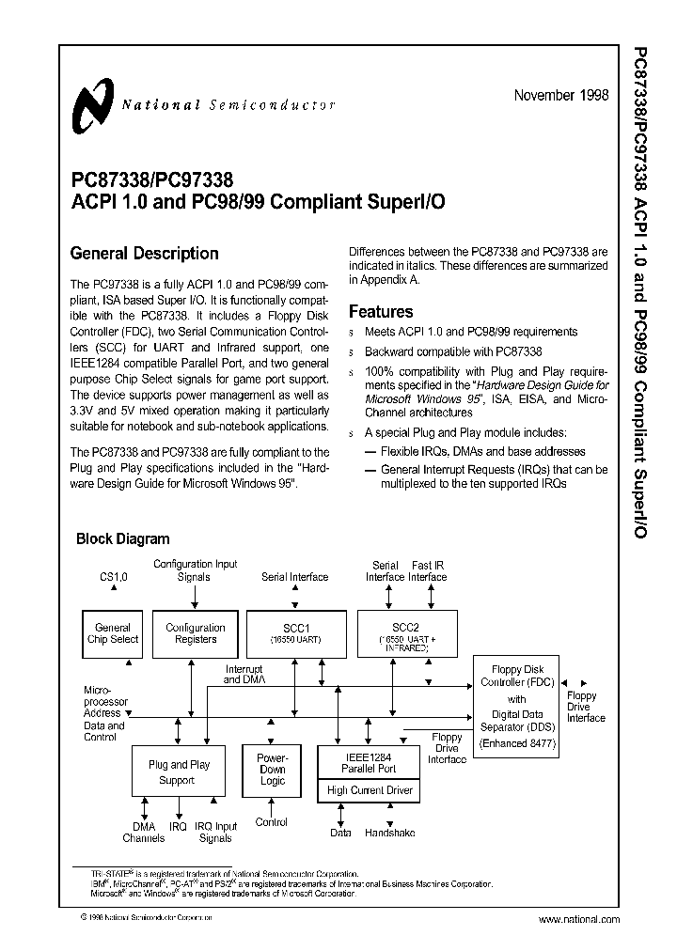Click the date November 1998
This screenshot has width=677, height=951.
click(x=561, y=96)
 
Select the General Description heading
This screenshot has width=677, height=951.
click(x=145, y=254)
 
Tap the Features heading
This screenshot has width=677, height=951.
click(x=381, y=311)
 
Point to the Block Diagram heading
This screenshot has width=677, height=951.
click(x=122, y=539)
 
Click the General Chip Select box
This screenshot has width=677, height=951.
click(x=114, y=633)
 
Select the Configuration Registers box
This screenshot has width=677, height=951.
click(x=195, y=633)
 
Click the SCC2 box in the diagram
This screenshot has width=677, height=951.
click(x=406, y=633)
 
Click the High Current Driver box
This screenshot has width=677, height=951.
click(x=370, y=790)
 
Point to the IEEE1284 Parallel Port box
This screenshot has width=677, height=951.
click(x=370, y=761)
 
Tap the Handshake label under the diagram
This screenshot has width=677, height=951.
click(x=388, y=833)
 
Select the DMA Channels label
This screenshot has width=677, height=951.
click(x=144, y=832)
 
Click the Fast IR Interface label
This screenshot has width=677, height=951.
click(x=428, y=570)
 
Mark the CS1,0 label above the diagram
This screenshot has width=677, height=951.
click(x=114, y=576)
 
